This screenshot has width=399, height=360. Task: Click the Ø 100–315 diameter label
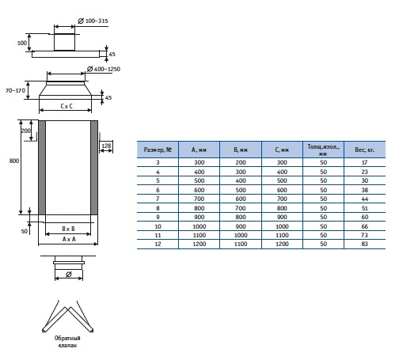(x=93, y=21)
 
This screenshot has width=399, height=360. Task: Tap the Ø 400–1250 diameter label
(x=104, y=69)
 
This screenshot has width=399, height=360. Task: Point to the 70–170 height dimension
(x=15, y=90)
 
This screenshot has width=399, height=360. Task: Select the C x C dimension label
(x=66, y=106)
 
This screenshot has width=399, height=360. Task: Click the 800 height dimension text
(x=14, y=161)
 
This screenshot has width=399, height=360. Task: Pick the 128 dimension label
(x=106, y=146)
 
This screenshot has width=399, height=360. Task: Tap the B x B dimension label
(x=68, y=229)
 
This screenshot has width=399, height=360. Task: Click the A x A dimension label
(x=69, y=239)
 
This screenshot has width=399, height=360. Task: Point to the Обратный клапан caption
(x=67, y=342)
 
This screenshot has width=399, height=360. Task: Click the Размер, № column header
(x=158, y=150)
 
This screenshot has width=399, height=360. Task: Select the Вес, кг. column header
(x=364, y=150)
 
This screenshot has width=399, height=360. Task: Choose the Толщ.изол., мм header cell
(x=323, y=150)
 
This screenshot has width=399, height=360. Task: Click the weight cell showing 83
(x=364, y=244)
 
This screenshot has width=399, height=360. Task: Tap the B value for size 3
(x=241, y=162)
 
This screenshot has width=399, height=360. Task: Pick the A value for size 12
(x=199, y=244)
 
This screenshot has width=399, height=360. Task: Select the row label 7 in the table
(x=158, y=199)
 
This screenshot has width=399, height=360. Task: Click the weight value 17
(x=364, y=162)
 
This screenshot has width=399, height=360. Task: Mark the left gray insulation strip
(x=42, y=168)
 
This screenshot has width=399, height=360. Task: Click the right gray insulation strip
(x=94, y=168)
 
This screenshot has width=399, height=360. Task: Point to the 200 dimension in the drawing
(x=26, y=131)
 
